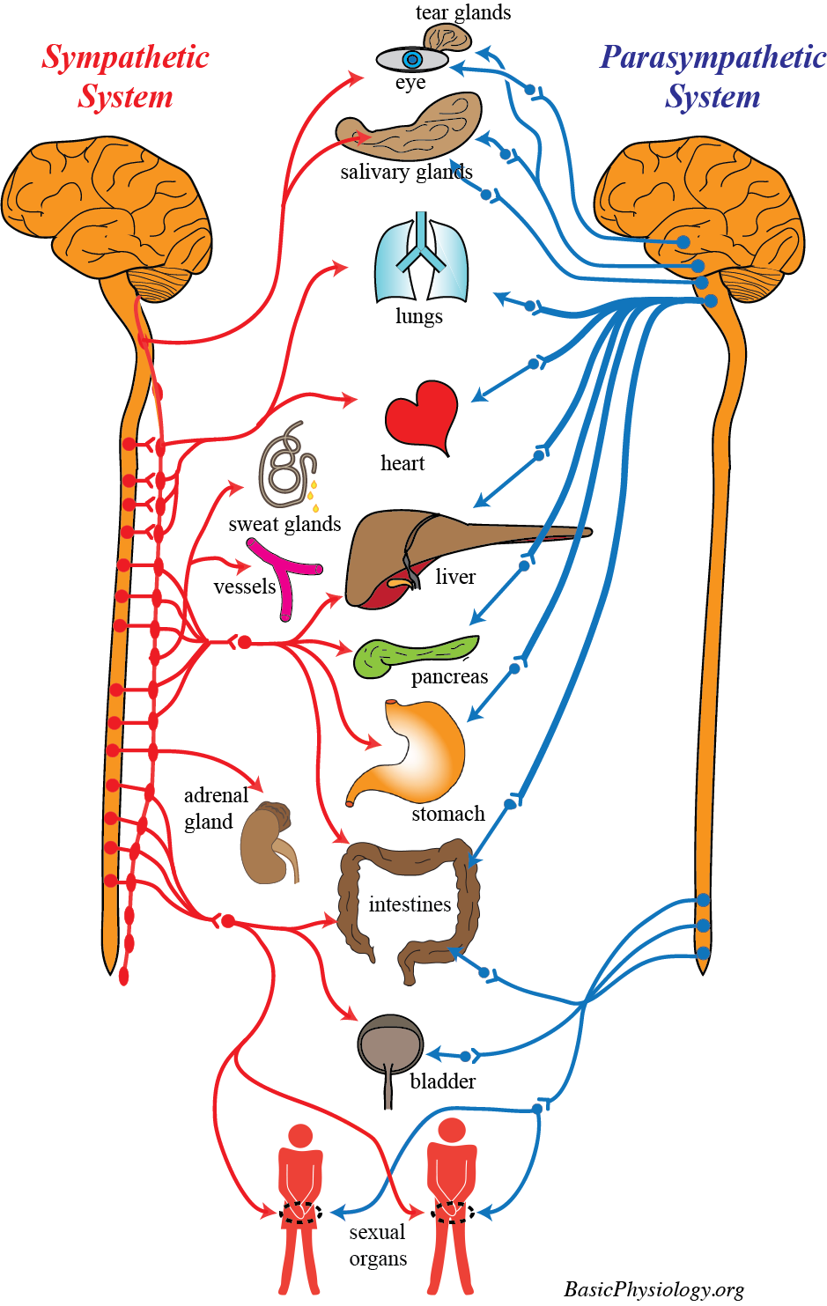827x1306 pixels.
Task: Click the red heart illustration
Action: pyautogui.click(x=421, y=414)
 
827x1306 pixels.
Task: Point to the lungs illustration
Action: pyautogui.click(x=421, y=260)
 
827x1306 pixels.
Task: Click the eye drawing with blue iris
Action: pyautogui.click(x=412, y=60)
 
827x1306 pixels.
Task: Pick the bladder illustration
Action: pyautogui.click(x=390, y=1048)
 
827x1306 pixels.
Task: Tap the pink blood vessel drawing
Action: pyautogui.click(x=284, y=577)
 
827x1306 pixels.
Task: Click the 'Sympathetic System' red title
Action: pyautogui.click(x=125, y=77)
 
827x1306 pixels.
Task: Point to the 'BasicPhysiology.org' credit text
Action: pyautogui.click(x=653, y=1289)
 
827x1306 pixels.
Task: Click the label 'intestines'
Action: pyautogui.click(x=410, y=904)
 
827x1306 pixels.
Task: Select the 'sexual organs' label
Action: pyautogui.click(x=378, y=1245)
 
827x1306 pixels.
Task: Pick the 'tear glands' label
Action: pyautogui.click(x=463, y=12)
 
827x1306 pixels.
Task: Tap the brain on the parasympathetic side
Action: pyautogui.click(x=700, y=203)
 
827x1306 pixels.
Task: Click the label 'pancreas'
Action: pyautogui.click(x=449, y=676)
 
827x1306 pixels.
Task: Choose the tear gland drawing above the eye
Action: pyautogui.click(x=447, y=38)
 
